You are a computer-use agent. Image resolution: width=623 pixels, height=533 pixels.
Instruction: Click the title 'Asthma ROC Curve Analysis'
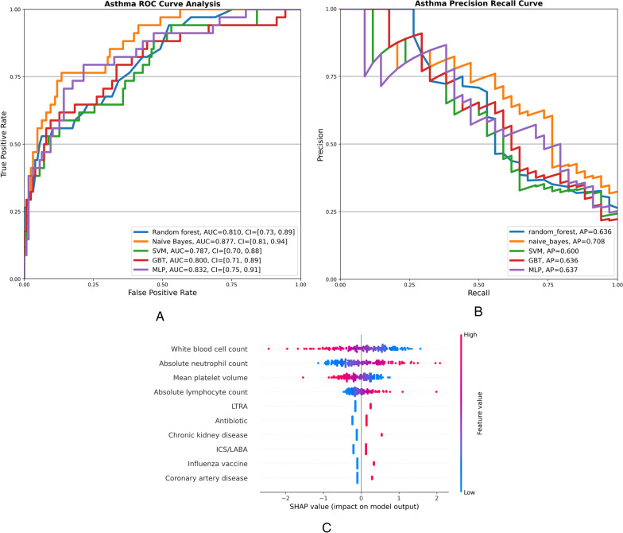161,4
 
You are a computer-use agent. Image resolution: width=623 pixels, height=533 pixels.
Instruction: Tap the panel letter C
327,525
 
